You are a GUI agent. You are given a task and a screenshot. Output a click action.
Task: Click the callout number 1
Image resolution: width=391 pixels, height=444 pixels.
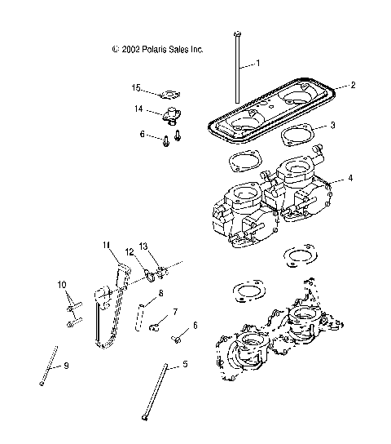pos(257,63)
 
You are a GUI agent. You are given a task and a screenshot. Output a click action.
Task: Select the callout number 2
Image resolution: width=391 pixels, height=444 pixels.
pos(354,85)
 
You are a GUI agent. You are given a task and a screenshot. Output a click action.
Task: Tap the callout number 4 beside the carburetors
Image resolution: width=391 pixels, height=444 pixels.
pos(349,177)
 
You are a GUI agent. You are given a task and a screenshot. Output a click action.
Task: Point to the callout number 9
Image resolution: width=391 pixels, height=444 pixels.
pos(66,366)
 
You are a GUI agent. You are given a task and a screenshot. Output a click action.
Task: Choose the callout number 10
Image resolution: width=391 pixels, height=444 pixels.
pos(62,284)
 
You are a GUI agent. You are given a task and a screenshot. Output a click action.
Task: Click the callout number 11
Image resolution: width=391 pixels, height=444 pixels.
pos(106,245)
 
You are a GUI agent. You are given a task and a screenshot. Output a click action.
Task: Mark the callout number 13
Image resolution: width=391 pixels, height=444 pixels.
pos(143,246)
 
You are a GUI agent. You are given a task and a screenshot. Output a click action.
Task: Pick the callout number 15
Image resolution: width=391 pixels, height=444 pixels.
pos(137,87)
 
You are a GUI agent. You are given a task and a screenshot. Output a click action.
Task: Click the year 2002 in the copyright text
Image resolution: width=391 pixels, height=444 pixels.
pos(130,49)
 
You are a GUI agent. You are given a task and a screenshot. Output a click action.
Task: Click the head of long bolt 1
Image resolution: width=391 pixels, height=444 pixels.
pos(235,33)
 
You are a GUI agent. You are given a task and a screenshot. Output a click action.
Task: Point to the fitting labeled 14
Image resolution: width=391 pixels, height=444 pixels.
pos(173,115)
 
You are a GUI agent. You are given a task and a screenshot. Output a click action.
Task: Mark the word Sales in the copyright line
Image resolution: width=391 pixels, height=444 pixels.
pos(180,49)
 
